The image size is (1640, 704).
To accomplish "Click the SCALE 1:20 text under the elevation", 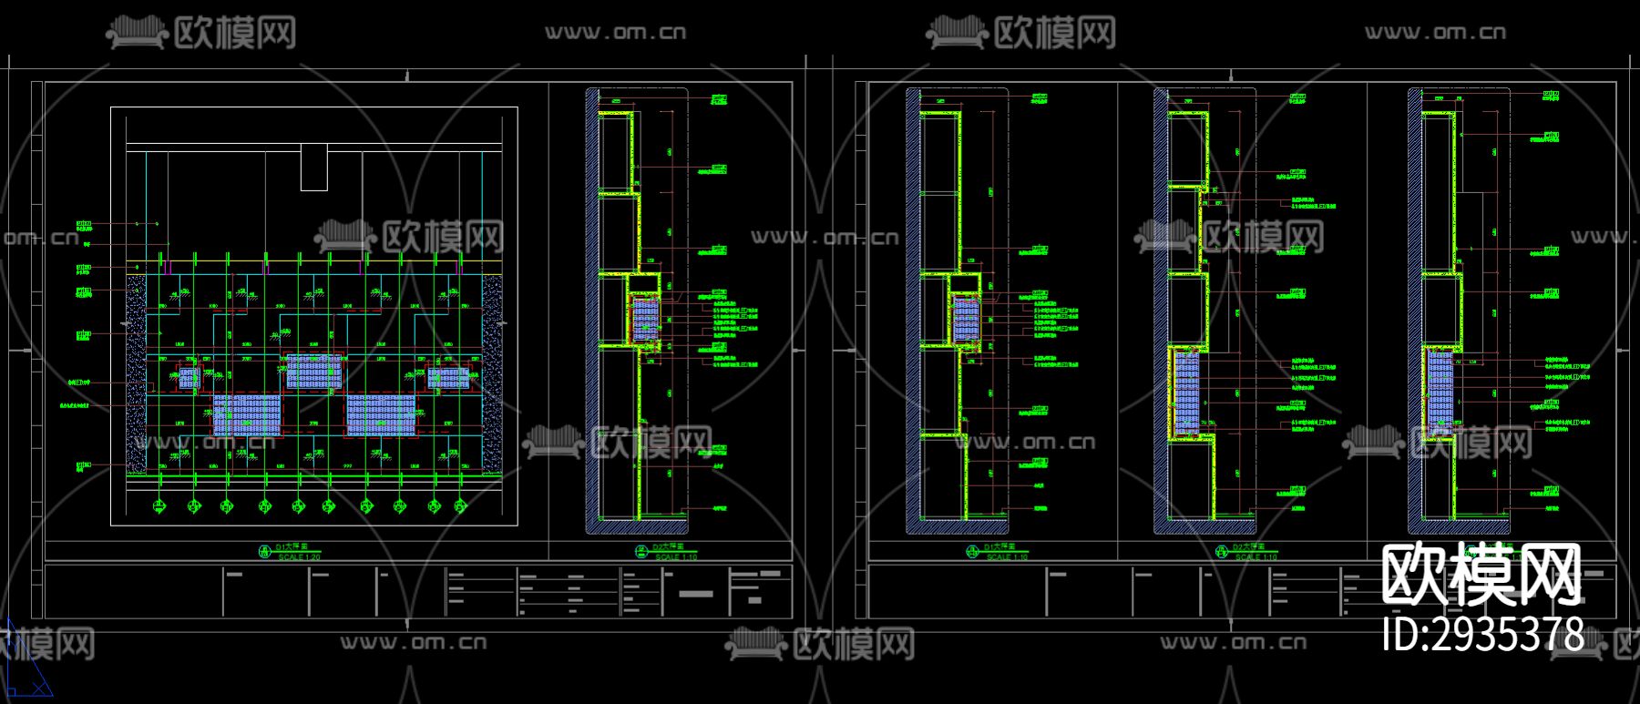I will pos(299,556).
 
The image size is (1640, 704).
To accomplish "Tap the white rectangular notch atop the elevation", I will pos(313,167).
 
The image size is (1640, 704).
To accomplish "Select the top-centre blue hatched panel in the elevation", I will pos(313,371).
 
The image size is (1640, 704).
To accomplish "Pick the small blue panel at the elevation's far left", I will pos(189,377).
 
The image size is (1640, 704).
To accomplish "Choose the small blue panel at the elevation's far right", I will pos(447,376).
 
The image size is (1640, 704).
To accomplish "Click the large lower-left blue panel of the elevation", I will pos(247,414).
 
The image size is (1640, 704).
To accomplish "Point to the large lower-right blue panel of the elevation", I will pos(380,414).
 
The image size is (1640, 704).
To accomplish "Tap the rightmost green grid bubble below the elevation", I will pos(461,505).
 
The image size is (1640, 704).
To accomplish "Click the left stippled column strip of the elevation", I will pos(136,373).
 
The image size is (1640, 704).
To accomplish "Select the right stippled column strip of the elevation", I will pos(492,373).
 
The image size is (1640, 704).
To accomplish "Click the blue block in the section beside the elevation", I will pos(645,318).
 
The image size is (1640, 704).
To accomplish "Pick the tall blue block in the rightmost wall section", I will pos(1440,392).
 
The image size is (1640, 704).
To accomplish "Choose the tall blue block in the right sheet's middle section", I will pos(1186,393).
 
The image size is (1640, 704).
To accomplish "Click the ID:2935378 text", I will pos(1482,634).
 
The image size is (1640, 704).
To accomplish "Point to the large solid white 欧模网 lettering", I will pos(1481,575).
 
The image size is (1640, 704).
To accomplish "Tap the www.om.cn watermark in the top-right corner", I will pos(1435,33).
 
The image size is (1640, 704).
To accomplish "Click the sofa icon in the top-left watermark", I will pos(137,35).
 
